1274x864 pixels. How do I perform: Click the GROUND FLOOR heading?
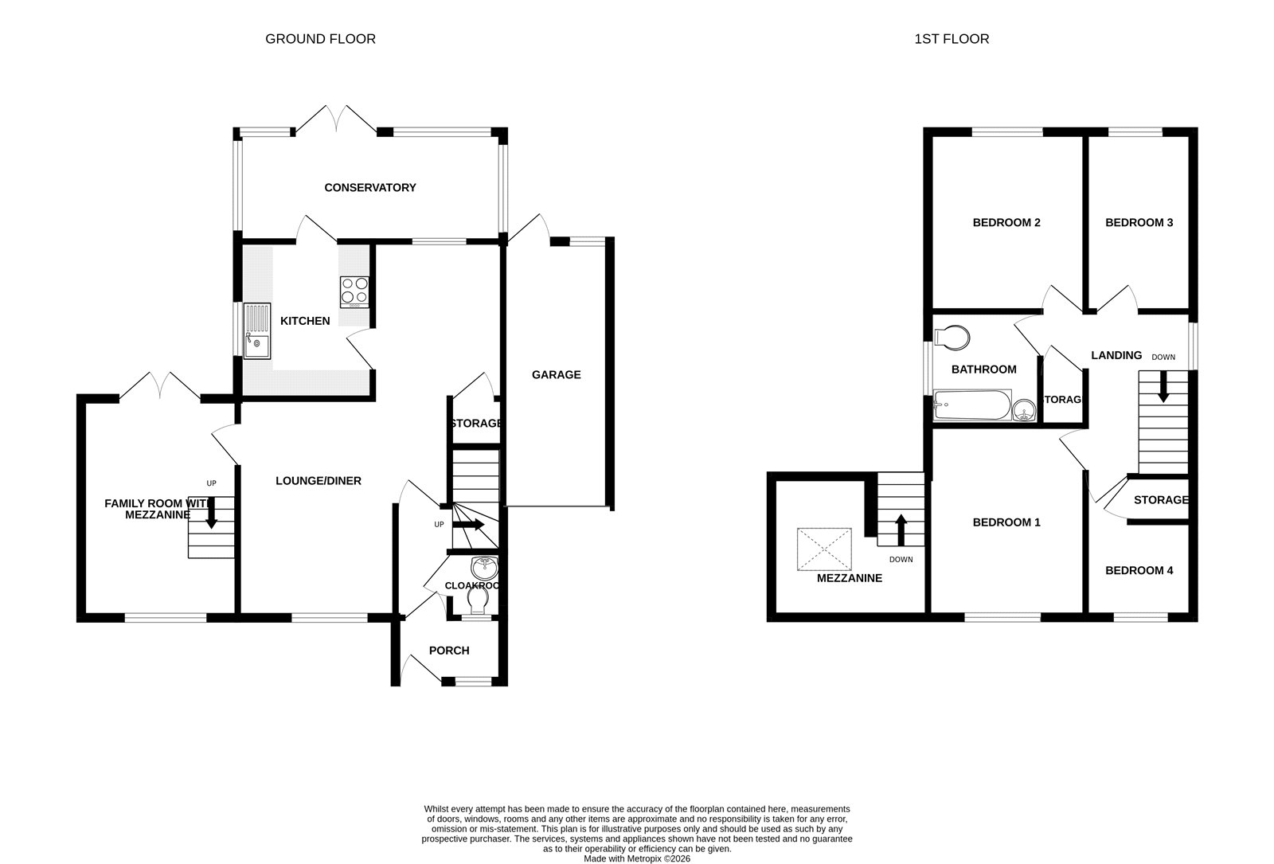click(x=320, y=39)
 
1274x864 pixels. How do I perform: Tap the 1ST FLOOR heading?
click(x=952, y=39)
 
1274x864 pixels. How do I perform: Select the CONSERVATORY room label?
click(x=370, y=188)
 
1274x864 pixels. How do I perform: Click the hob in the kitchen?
click(x=355, y=291)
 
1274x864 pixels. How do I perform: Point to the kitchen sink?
click(x=257, y=331)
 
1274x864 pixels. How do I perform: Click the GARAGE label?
click(x=557, y=374)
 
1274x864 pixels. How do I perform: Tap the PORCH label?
click(x=449, y=651)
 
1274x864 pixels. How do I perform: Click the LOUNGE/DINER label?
click(x=318, y=481)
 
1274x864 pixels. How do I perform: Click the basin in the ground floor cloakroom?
click(x=484, y=568)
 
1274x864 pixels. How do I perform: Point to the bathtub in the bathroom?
click(x=972, y=405)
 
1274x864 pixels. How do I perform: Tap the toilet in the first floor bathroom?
click(x=952, y=338)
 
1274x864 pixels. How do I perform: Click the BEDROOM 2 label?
click(x=1006, y=223)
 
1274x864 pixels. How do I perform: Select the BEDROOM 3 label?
click(x=1139, y=223)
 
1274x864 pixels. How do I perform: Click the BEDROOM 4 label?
click(x=1139, y=571)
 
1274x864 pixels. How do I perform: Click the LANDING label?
click(x=1116, y=356)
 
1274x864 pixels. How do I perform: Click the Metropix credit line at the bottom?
click(x=637, y=858)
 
